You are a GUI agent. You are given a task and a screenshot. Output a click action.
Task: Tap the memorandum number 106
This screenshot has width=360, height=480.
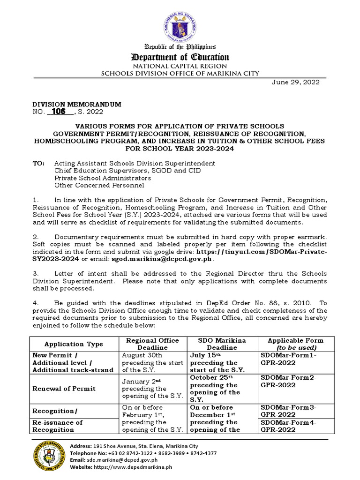click(59, 111)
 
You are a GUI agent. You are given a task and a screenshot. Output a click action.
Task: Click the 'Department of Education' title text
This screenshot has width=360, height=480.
click(180, 57)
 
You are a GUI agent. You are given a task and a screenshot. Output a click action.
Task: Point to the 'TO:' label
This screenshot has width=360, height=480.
click(38, 163)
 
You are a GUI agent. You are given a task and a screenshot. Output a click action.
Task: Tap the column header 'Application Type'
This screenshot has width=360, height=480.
click(73, 344)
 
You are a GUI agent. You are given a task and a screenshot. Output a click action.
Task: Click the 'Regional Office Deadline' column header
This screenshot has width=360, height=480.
click(150, 344)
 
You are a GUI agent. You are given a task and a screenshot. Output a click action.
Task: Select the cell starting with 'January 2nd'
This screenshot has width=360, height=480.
click(150, 388)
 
